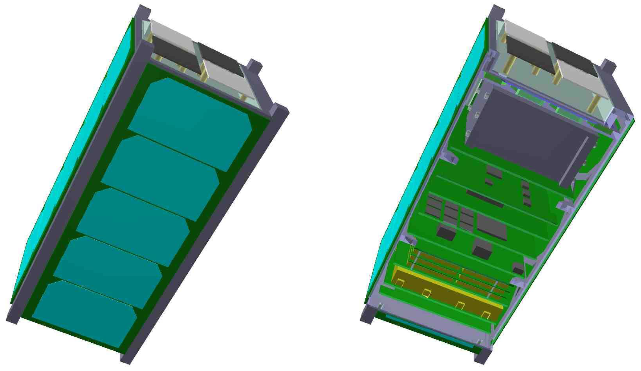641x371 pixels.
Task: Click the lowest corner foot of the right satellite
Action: (x=481, y=357)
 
